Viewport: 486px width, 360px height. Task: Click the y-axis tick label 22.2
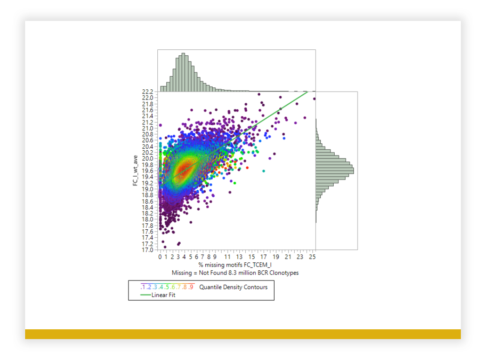pyautogui.click(x=148, y=92)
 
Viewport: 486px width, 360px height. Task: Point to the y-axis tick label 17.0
pyautogui.click(x=148, y=250)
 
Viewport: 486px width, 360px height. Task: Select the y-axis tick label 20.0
pyautogui.click(x=148, y=159)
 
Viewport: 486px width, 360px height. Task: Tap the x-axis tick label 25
pyautogui.click(x=312, y=257)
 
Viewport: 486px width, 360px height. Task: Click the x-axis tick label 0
pyautogui.click(x=160, y=257)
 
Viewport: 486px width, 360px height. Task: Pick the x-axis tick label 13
pyautogui.click(x=239, y=257)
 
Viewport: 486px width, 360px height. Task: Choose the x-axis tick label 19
pyautogui.click(x=276, y=257)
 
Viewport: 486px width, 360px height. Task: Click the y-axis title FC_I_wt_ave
pyautogui.click(x=135, y=171)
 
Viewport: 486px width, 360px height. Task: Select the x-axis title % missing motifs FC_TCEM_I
pyautogui.click(x=235, y=265)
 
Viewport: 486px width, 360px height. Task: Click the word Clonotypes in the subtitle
pyautogui.click(x=284, y=273)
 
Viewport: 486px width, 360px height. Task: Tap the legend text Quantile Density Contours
pyautogui.click(x=233, y=287)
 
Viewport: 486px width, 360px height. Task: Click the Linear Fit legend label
pyautogui.click(x=163, y=295)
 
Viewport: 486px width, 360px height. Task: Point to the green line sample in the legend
pyautogui.click(x=146, y=295)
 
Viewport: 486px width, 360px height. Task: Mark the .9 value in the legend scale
pyautogui.click(x=191, y=287)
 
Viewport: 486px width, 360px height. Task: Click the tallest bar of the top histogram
pyautogui.click(x=183, y=72)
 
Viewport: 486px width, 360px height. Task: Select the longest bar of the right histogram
pyautogui.click(x=335, y=171)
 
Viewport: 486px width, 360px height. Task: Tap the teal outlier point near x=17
pyautogui.click(x=264, y=171)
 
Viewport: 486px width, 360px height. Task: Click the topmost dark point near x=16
pyautogui.click(x=259, y=94)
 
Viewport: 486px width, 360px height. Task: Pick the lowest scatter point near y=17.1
pyautogui.click(x=165, y=247)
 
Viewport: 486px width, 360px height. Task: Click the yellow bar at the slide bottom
pyautogui.click(x=243, y=334)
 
